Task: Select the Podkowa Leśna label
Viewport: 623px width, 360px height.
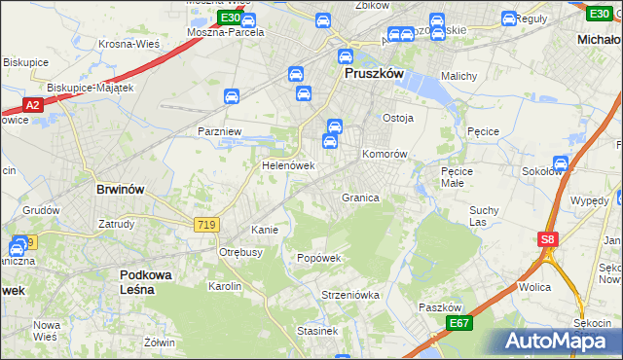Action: [145, 282]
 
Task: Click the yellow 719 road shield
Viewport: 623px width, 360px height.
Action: [206, 225]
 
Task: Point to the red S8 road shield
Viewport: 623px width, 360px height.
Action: [547, 239]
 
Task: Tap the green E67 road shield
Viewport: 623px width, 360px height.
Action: [459, 323]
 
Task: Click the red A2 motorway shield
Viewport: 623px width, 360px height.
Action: [32, 105]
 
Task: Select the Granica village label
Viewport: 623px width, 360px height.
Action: [359, 198]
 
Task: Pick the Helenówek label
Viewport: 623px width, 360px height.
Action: [288, 165]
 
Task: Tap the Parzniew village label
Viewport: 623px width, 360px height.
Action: [219, 131]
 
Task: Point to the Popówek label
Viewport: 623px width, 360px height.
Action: [319, 258]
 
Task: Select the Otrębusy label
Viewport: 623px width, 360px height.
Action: [241, 252]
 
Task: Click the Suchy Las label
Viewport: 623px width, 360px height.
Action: [484, 215]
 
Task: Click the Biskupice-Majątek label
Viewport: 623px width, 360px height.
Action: [91, 88]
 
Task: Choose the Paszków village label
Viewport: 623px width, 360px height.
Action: [438, 307]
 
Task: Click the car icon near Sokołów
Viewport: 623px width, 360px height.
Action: [561, 163]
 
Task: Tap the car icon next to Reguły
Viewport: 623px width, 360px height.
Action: [509, 18]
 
